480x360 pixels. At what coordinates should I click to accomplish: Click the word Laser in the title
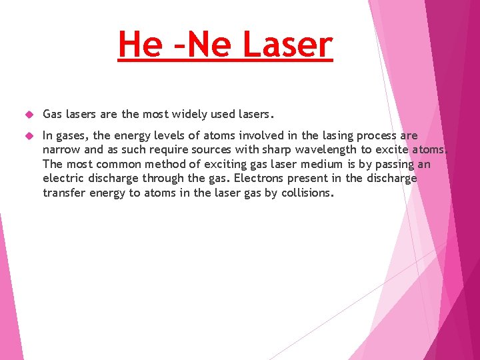point(287,45)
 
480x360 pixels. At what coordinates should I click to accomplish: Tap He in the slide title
point(139,45)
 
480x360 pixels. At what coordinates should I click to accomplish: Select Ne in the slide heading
point(208,45)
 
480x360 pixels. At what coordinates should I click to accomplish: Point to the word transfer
point(64,192)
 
